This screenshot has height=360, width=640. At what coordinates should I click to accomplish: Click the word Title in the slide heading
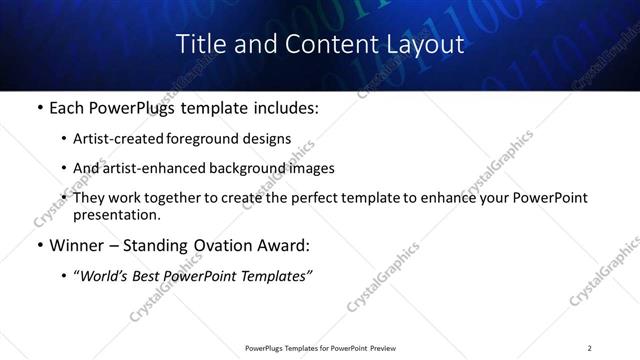[197, 45]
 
